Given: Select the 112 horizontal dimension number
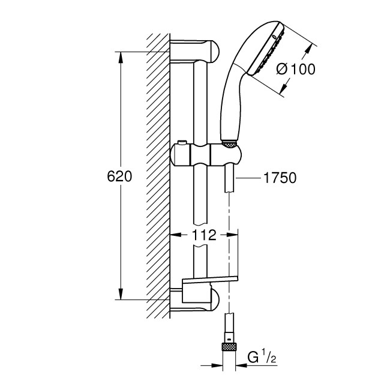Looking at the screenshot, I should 205,236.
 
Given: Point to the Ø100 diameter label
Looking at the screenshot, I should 295,69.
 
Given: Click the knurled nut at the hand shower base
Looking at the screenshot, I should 229,145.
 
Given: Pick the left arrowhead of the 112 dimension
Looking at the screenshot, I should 175,236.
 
